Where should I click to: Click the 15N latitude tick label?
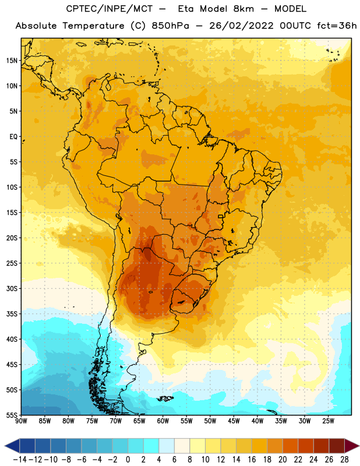12,61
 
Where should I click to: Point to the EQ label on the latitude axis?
13,137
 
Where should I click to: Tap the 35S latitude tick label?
12,314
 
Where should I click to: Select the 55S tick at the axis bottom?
12,415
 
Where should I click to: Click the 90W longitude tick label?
21,421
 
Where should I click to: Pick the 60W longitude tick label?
163,421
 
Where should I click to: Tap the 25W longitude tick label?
328,421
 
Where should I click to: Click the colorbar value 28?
344,460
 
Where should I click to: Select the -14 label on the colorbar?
20,460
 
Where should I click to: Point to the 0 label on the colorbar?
128,460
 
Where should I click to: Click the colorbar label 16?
252,460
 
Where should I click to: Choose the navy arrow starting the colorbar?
12,446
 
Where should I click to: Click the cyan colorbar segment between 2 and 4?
151,446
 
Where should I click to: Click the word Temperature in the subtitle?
93,26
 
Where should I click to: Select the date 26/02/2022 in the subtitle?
241,26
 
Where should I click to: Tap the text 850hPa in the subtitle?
170,26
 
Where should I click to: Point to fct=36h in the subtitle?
337,26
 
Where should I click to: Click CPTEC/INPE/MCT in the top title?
109,9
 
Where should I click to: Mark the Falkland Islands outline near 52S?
165,398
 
